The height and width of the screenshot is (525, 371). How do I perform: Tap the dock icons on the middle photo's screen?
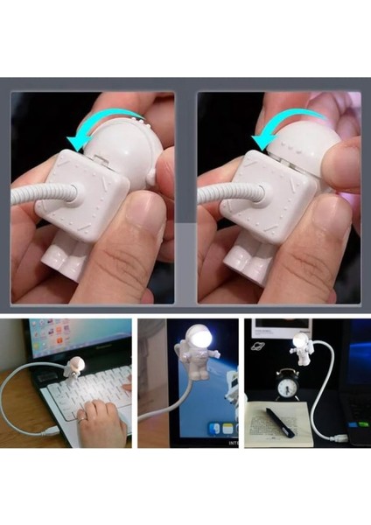[223, 429]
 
